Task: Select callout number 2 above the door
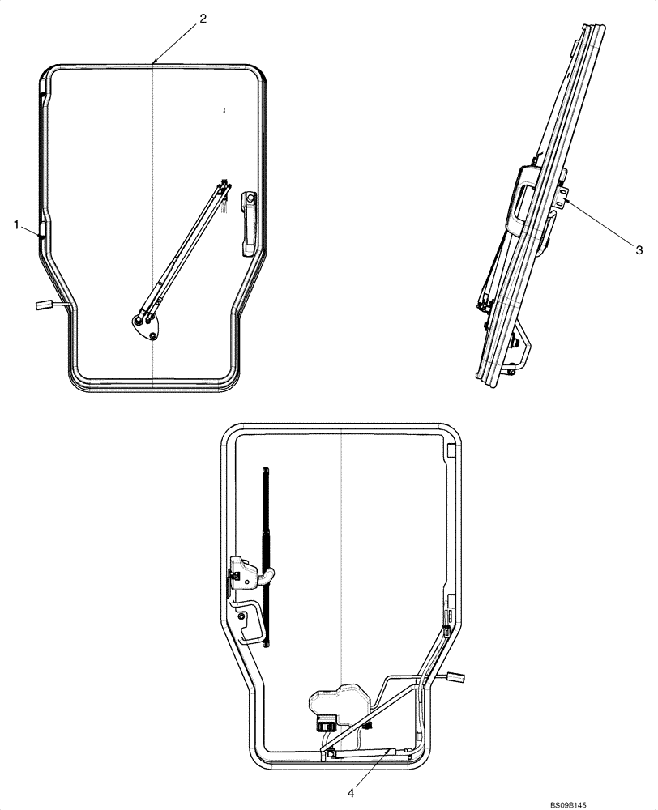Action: [x=203, y=17]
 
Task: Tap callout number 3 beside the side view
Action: [x=639, y=250]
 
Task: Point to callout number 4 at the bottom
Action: [x=351, y=793]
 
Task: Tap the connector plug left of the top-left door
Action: [x=43, y=305]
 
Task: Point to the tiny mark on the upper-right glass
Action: [x=224, y=108]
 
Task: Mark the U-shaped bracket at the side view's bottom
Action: [x=519, y=348]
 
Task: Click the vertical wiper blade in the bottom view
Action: [x=266, y=551]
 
